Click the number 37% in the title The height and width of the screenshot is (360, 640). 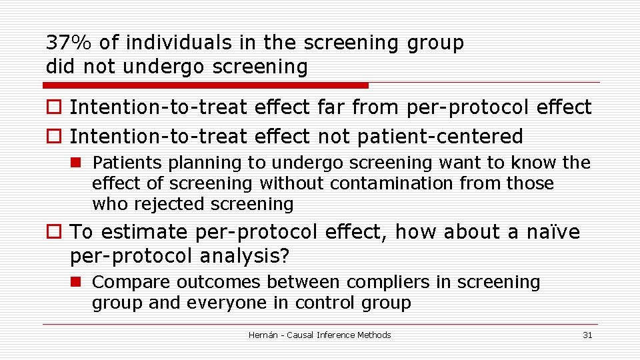[x=69, y=43]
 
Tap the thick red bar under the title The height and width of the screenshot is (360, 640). [x=205, y=85]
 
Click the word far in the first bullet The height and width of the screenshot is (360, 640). [x=331, y=107]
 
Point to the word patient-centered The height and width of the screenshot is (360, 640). [x=440, y=137]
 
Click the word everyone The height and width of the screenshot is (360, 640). [x=217, y=303]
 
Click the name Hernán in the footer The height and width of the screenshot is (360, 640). [x=265, y=335]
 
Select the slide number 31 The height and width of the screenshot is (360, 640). [x=587, y=335]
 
